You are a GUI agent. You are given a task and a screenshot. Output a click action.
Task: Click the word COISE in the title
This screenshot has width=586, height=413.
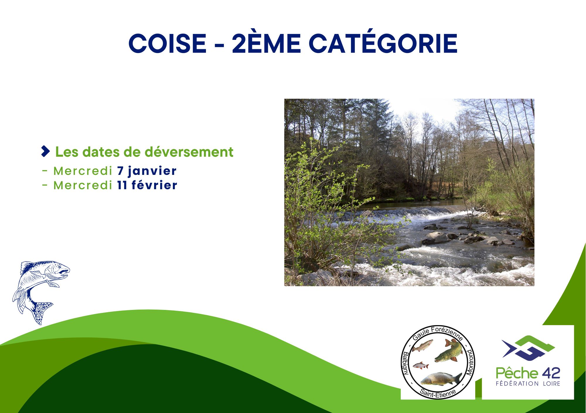point(168,43)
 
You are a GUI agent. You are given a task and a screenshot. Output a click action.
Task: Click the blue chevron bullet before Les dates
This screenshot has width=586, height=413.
point(45,151)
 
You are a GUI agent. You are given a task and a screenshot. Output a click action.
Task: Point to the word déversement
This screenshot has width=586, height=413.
point(189,152)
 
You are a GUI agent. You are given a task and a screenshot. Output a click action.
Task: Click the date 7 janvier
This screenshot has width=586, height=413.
point(147,171)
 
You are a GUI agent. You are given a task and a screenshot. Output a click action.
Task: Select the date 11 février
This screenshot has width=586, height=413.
point(147,185)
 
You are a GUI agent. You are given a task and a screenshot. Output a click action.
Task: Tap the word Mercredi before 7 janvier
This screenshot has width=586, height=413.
point(83,171)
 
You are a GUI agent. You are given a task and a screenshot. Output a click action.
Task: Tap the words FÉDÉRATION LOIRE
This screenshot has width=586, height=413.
point(528,383)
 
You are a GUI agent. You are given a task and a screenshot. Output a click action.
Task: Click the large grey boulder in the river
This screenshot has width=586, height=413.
point(436,238)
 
